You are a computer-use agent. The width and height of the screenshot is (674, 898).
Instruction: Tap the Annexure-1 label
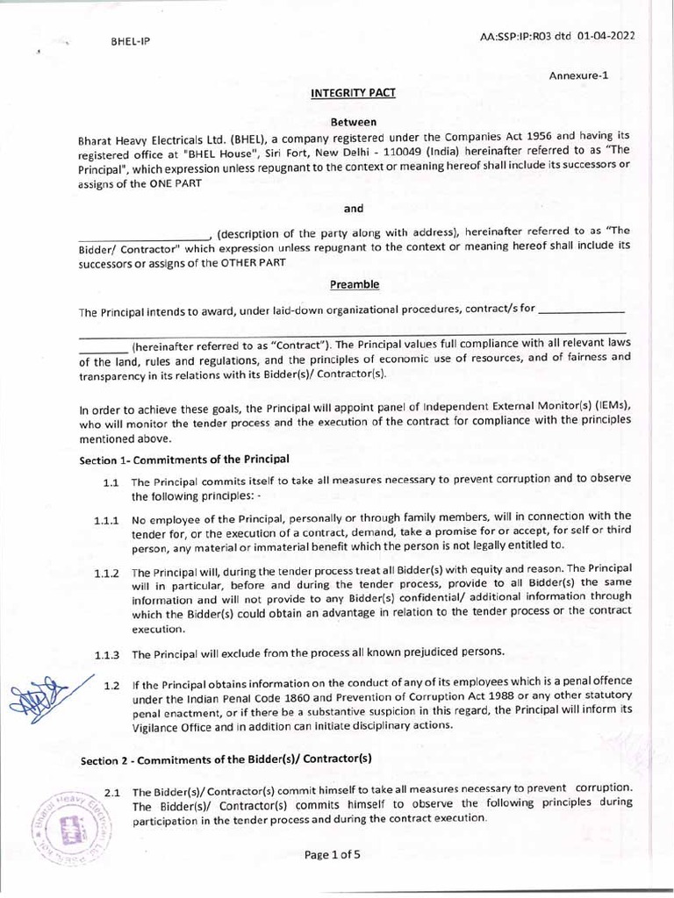click(578, 75)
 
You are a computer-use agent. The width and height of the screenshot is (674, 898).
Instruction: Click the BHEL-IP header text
click(131, 41)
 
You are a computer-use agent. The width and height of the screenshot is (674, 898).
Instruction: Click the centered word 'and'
click(354, 208)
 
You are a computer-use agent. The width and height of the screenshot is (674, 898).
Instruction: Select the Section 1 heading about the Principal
click(184, 460)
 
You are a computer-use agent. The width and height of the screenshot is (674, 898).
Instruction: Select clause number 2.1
click(111, 793)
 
